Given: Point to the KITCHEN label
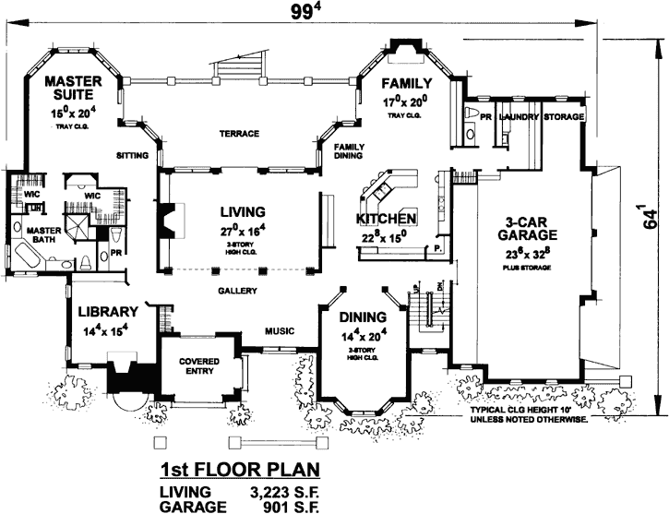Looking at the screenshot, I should point(387,220).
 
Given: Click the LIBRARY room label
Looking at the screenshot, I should point(107,311).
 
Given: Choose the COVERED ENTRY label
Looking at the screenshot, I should point(197,365).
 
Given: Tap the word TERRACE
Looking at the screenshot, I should point(239,134).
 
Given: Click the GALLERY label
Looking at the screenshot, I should point(236,290).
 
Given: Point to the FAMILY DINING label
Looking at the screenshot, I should point(348,151).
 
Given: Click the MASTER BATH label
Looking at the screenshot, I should point(42,236).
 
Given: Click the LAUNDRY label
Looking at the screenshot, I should point(519,118).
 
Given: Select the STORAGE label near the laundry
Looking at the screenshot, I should point(564,118).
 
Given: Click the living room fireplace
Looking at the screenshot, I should point(169,221).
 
